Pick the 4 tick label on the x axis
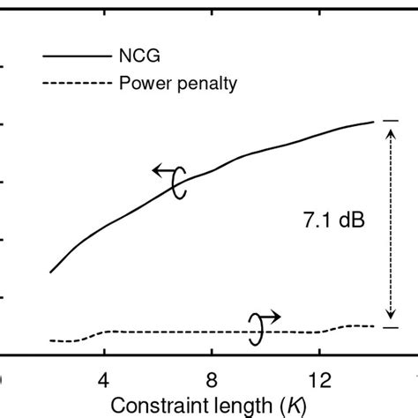coord(104,379)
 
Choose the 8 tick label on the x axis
coord(212,379)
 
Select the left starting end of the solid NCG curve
coord(50,272)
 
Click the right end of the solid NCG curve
coord(374,122)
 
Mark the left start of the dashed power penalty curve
coord(50,340)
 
